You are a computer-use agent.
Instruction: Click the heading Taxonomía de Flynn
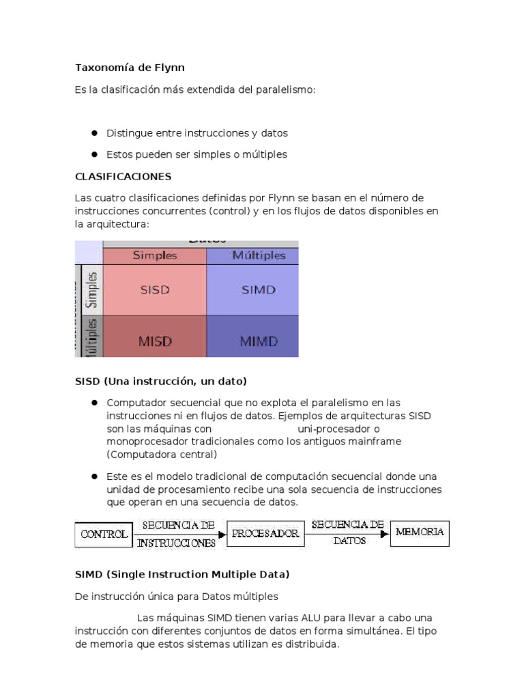130,68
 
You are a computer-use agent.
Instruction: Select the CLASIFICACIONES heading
123,176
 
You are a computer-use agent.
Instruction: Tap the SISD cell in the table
155,289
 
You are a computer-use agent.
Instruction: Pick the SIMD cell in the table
259,289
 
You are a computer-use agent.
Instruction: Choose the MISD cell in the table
155,341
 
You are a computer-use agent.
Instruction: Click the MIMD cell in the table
259,341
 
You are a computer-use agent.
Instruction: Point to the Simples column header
155,255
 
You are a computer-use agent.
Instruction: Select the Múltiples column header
259,255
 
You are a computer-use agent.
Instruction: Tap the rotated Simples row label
92,289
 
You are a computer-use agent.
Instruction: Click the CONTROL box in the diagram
104,534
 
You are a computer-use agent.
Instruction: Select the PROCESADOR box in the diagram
265,534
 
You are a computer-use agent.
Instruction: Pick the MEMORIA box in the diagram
420,532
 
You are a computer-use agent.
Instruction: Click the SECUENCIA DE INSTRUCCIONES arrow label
177,534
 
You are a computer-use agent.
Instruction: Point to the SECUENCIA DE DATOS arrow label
347,532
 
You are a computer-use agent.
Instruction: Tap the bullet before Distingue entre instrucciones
94,133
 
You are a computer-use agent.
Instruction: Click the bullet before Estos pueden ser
94,154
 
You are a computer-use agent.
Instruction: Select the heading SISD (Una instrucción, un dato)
160,380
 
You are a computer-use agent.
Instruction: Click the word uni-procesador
329,429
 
